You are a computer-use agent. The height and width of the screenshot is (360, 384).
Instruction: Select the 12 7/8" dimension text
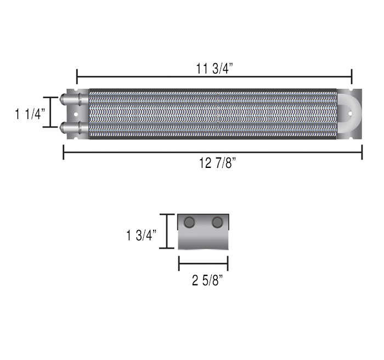pyautogui.click(x=214, y=163)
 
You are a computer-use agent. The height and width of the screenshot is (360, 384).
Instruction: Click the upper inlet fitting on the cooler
pyautogui.click(x=70, y=100)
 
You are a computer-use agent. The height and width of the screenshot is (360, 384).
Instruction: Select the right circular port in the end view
pyautogui.click(x=217, y=222)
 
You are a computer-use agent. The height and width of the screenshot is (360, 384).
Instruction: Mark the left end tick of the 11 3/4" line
pyautogui.click(x=77, y=75)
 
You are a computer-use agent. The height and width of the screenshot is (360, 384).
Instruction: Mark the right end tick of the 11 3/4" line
pyautogui.click(x=351, y=75)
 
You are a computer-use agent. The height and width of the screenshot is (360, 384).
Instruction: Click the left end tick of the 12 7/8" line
pyautogui.click(x=64, y=152)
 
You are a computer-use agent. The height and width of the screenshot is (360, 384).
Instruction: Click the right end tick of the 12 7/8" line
pyautogui.click(x=362, y=152)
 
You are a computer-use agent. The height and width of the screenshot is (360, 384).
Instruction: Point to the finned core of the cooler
pyautogui.click(x=211, y=114)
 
